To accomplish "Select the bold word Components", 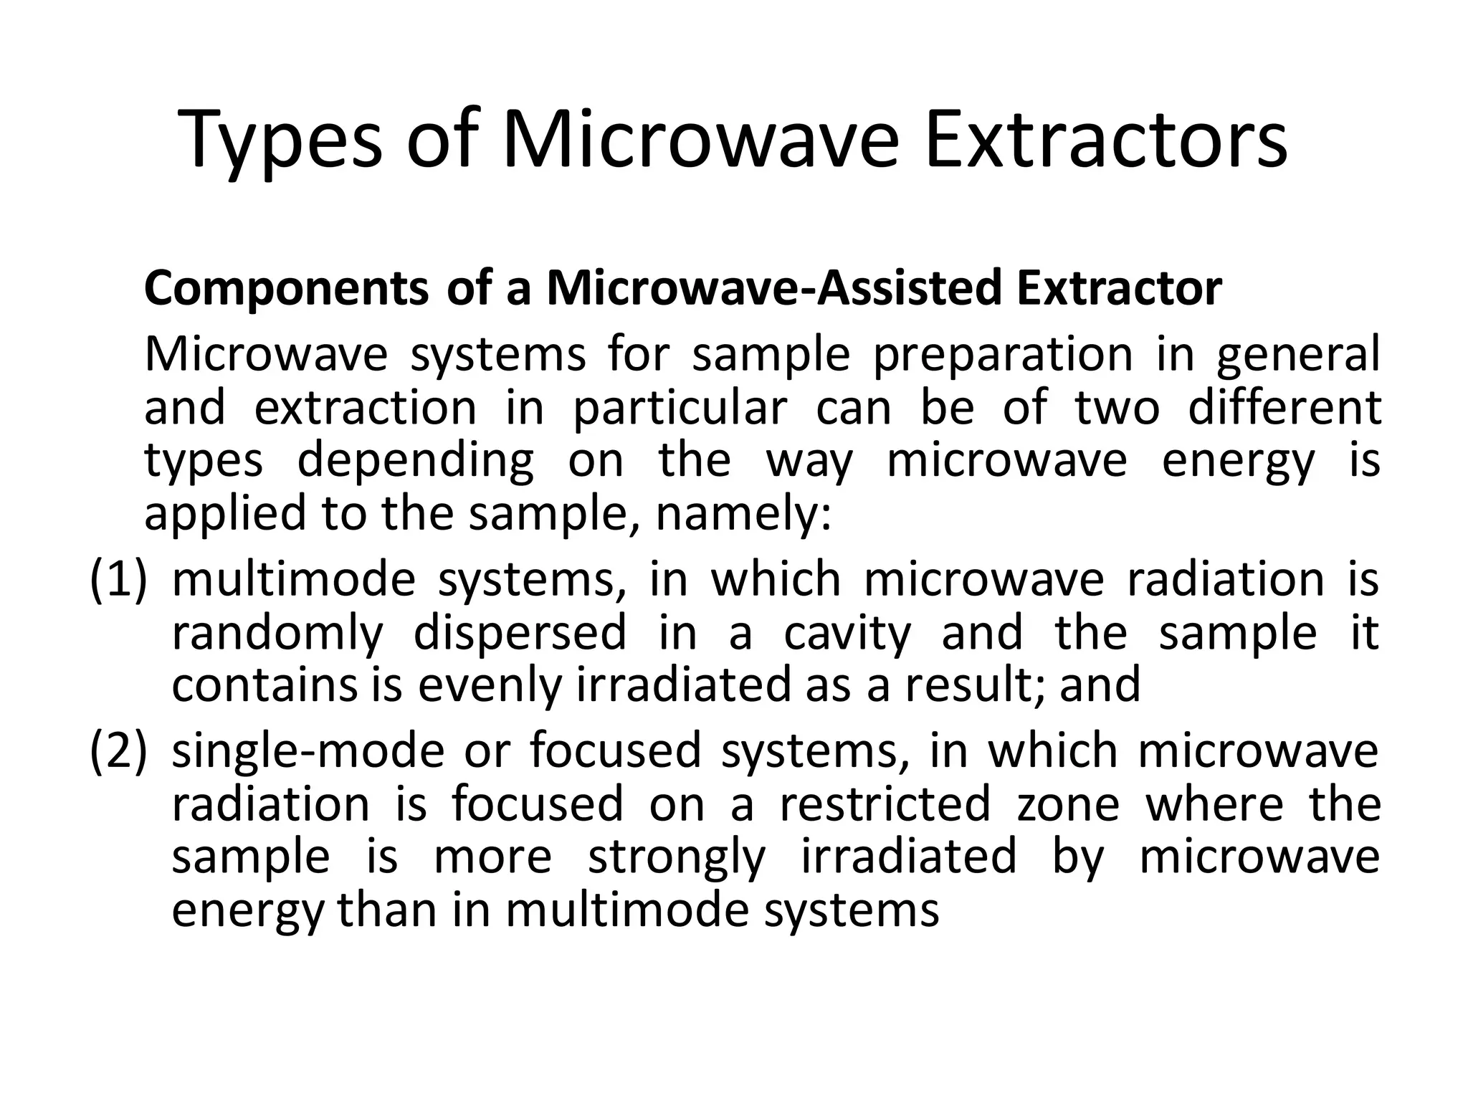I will pos(286,289).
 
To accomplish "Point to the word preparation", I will pos(1003,356).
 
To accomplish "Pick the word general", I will pos(1298,356).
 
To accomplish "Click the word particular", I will pos(680,409).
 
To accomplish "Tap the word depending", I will pos(416,462).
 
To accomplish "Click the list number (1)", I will pos(118,579).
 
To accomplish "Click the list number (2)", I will pos(118,751).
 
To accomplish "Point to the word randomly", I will pos(277,634).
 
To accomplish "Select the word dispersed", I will pos(520,632).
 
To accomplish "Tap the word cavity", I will pos(847,634).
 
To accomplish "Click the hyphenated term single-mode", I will pos(308,751).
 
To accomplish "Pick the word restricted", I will pos(885,804).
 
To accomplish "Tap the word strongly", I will pos(677,857).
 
